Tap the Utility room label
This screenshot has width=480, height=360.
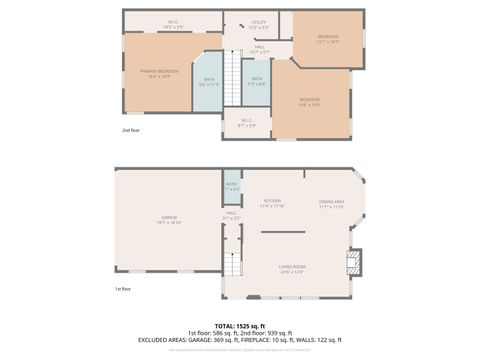coord(259,23)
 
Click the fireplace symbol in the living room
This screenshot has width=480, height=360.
coord(351,263)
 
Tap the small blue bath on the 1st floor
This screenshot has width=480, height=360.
coord(231,186)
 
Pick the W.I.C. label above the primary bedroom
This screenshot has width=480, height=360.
coord(173,23)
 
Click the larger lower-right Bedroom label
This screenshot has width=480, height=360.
coord(309,102)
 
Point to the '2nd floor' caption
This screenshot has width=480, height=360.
coord(131,131)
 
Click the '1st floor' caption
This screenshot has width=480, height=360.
coord(123,290)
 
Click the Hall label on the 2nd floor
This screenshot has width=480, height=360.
coord(258,48)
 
